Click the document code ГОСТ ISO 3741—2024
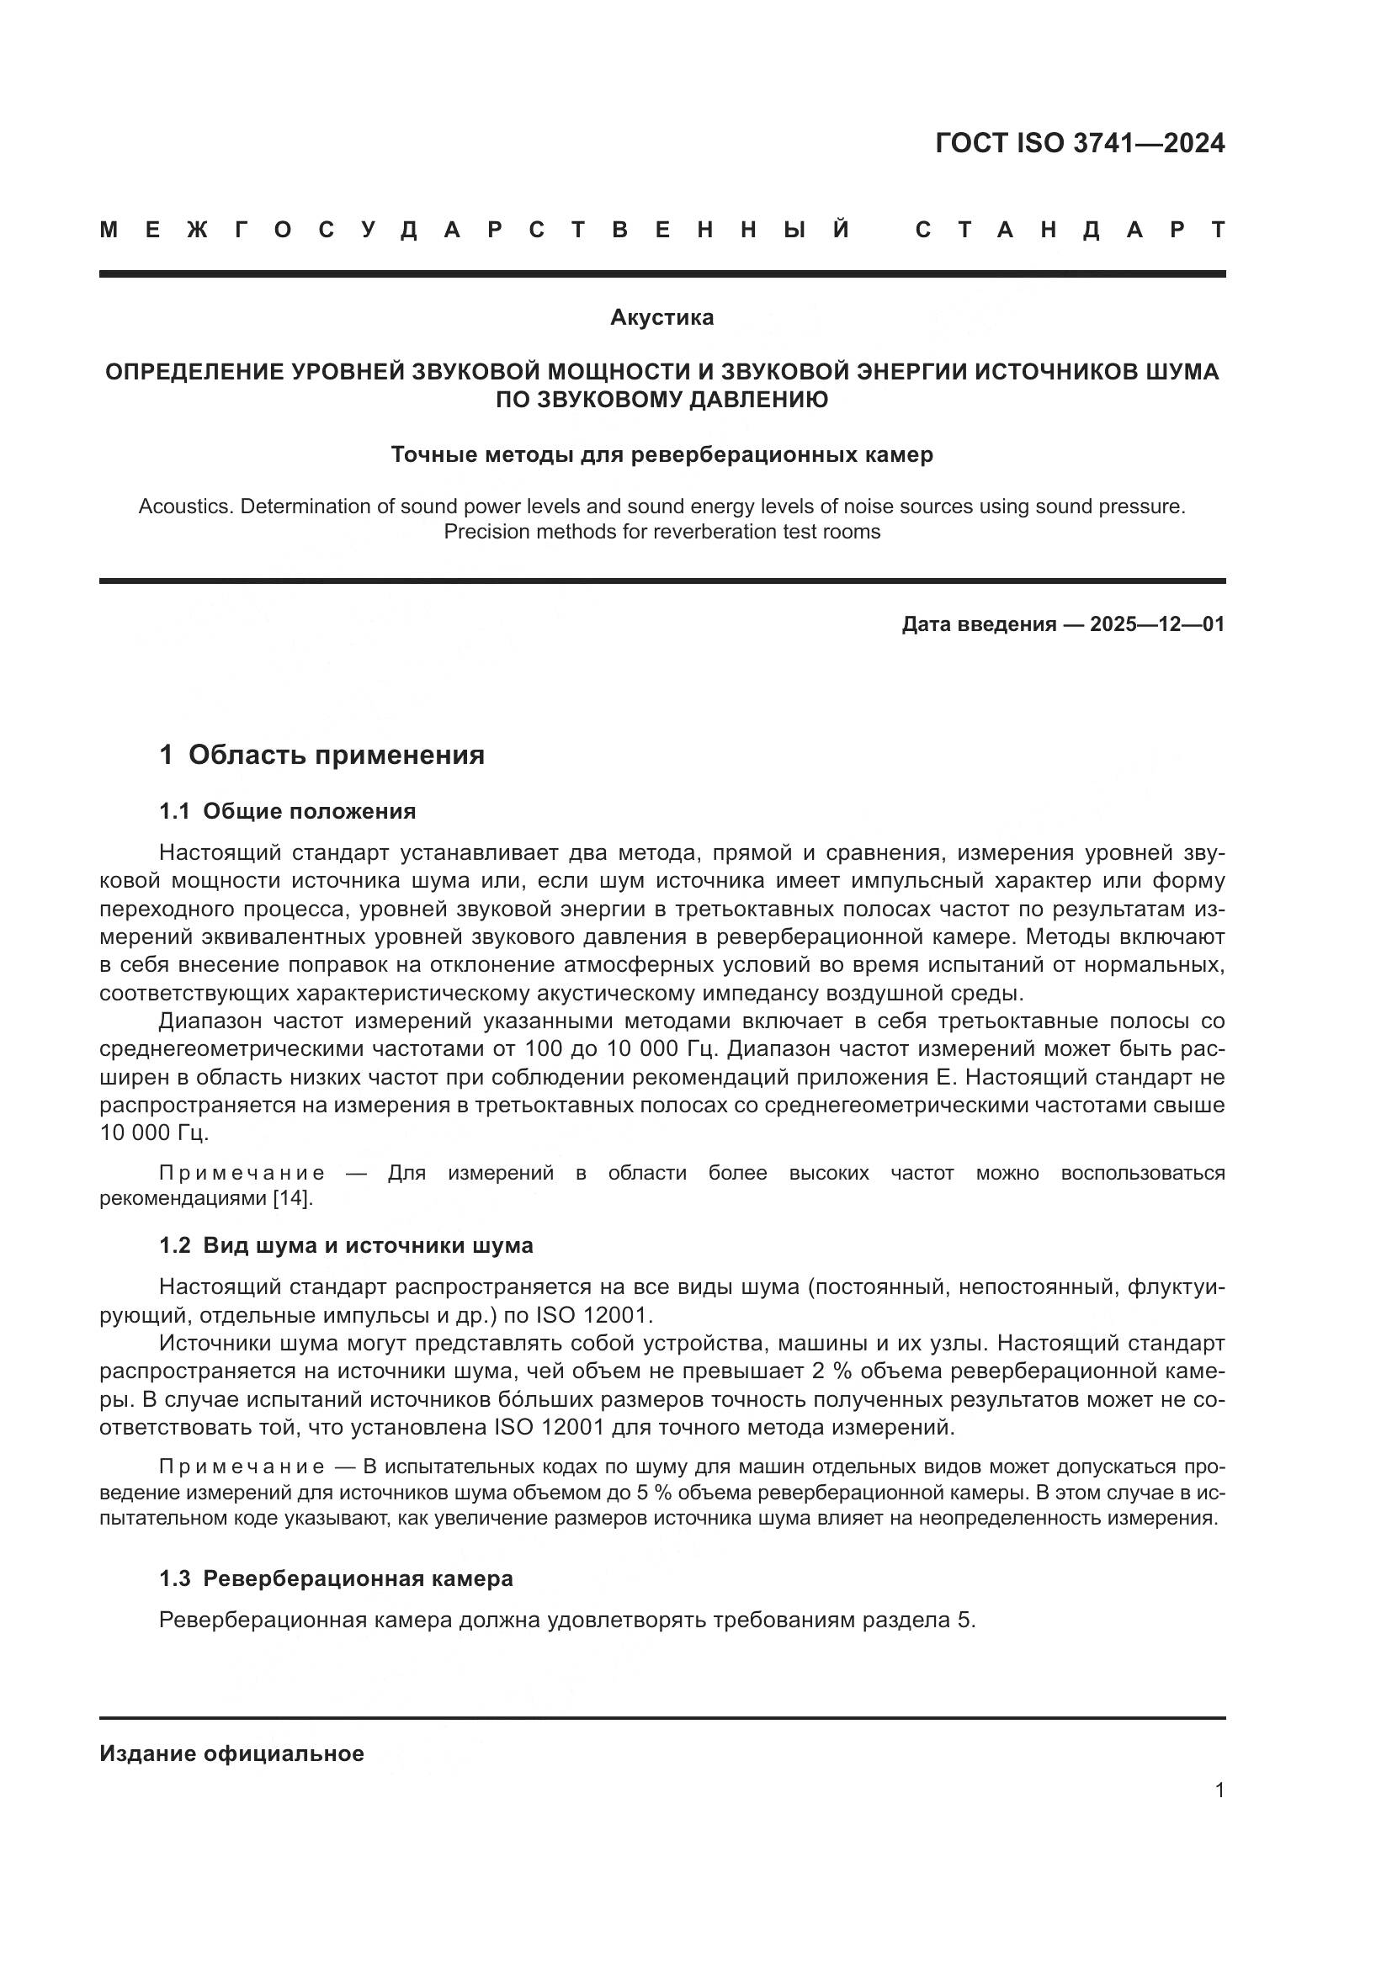[x=1080, y=143]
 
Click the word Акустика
[x=661, y=318]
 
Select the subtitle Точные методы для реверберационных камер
[x=661, y=455]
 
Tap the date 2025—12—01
[x=1156, y=625]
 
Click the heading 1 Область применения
[x=322, y=755]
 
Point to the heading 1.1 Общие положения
[x=287, y=812]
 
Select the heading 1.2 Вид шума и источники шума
[x=345, y=1246]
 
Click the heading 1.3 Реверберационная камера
[x=336, y=1578]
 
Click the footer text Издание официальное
[x=231, y=1753]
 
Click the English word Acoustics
[x=185, y=507]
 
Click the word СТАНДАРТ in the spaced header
[x=1070, y=231]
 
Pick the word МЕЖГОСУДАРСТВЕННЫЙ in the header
[x=475, y=231]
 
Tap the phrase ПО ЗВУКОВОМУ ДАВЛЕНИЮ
[x=661, y=400]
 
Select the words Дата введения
[x=978, y=625]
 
